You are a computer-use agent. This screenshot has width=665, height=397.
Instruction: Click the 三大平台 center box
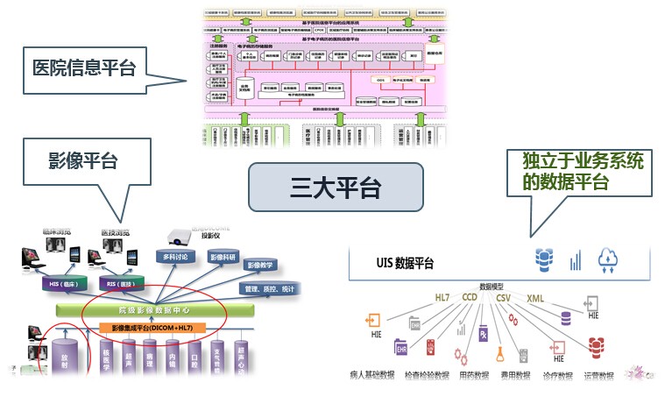click(x=336, y=186)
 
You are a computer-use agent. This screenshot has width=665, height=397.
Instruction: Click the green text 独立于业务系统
click(x=570, y=163)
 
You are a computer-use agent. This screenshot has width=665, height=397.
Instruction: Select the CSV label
click(x=503, y=298)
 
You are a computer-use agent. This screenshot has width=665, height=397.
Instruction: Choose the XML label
click(x=535, y=298)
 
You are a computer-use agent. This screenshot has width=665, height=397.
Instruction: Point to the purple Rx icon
click(x=484, y=335)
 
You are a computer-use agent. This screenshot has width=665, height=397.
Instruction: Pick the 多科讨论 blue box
click(x=176, y=257)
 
